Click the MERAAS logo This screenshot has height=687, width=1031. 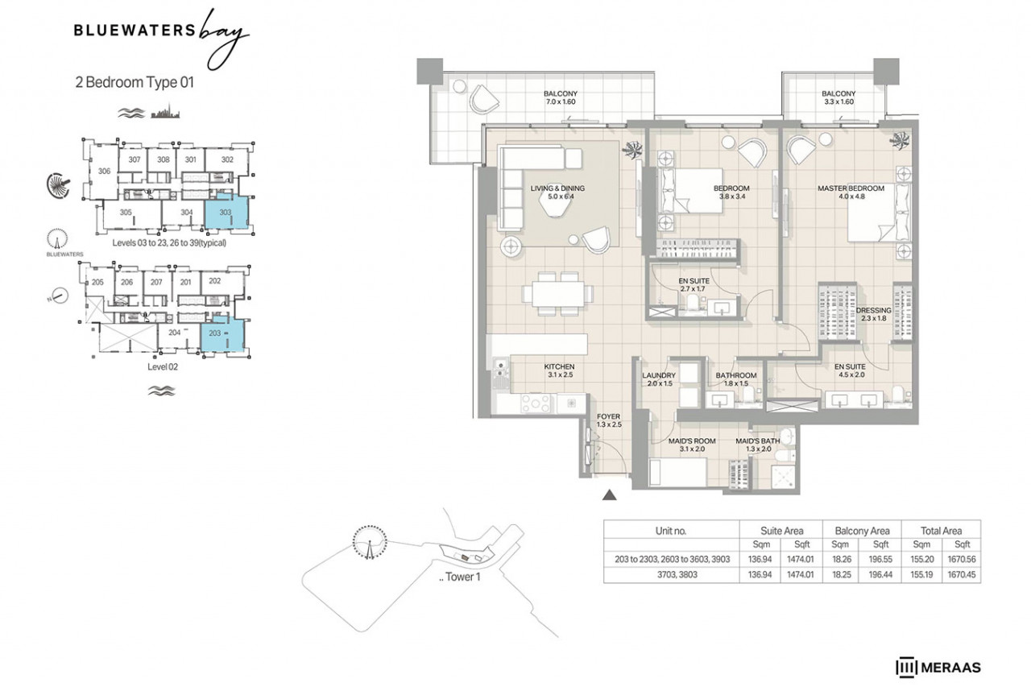[938, 667]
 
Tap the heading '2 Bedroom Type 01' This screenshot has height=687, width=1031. [135, 82]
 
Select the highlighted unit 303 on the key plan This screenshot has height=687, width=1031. [226, 211]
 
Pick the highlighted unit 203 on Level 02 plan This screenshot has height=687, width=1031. [222, 333]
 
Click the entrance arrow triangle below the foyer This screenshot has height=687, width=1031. [610, 495]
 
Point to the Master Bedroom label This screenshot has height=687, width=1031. [851, 192]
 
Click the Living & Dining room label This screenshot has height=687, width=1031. [557, 192]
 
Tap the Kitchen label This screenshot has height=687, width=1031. [559, 370]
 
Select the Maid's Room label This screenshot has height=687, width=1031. [692, 445]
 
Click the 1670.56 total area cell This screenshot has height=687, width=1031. [962, 559]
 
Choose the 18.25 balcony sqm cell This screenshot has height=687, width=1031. [842, 574]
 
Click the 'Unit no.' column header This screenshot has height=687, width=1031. [671, 531]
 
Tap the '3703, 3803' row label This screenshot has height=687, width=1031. [677, 574]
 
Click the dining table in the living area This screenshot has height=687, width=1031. [558, 294]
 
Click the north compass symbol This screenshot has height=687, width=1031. [59, 296]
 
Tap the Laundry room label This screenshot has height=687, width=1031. [659, 379]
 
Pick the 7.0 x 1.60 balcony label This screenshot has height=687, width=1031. [561, 97]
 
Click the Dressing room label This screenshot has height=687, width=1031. [874, 314]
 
